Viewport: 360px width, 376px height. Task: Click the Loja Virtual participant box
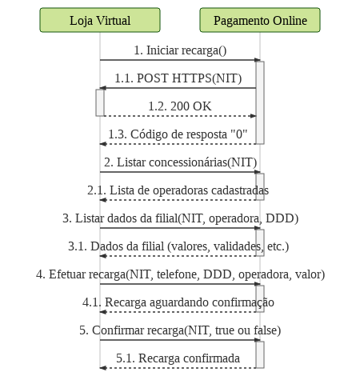point(100,20)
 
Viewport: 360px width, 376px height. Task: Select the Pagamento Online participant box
point(260,20)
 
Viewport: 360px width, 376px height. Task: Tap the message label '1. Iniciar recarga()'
point(180,50)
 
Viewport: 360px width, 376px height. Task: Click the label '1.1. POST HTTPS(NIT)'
point(178,78)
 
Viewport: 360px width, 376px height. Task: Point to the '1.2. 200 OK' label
point(180,106)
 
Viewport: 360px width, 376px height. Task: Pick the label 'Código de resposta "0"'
point(189,134)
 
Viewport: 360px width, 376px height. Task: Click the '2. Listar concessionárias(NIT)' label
point(180,162)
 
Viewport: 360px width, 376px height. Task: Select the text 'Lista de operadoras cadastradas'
point(189,190)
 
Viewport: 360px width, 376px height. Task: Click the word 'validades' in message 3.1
point(237,246)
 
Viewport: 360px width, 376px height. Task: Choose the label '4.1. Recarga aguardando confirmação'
point(178,302)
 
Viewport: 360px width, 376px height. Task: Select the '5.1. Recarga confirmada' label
point(178,358)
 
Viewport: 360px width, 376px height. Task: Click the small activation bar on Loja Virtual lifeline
point(100,102)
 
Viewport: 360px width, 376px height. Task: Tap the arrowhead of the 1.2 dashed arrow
point(253,116)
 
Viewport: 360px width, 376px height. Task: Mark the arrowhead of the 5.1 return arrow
point(103,368)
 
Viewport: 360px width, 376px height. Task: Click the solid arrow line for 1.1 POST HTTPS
point(178,88)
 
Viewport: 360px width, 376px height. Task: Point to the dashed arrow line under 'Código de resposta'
point(178,144)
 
